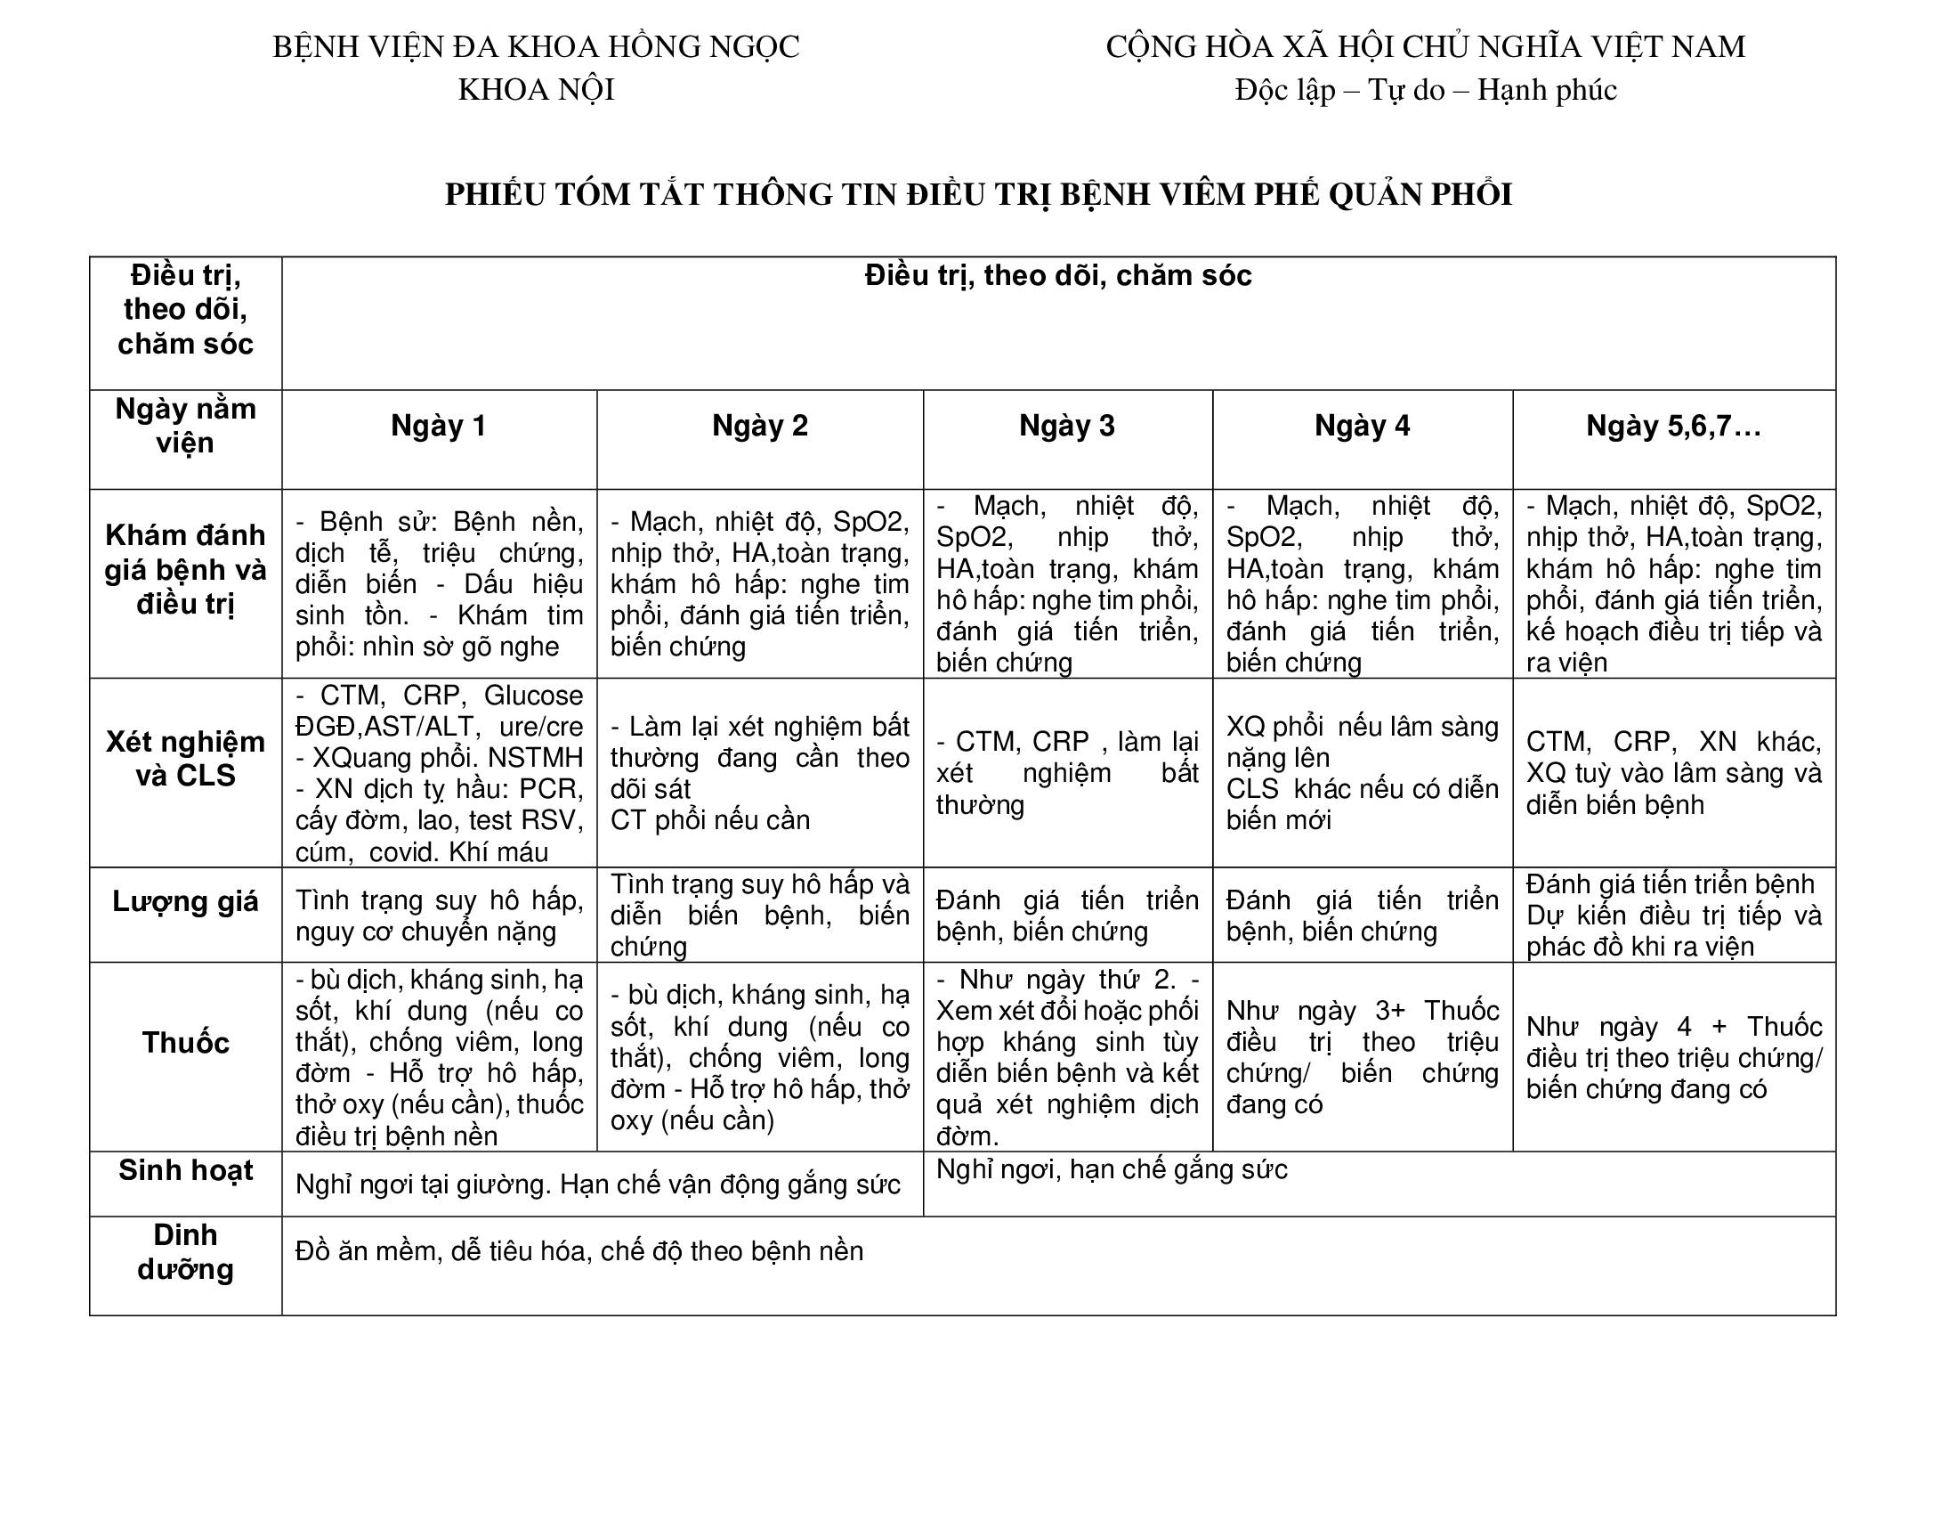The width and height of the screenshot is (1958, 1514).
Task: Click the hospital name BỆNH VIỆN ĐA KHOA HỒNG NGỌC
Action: click(x=535, y=47)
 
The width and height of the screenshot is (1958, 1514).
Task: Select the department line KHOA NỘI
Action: click(x=535, y=91)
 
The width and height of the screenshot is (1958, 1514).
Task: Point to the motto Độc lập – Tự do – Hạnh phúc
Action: click(x=1425, y=91)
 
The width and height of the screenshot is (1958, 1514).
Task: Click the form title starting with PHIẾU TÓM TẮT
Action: click(x=978, y=195)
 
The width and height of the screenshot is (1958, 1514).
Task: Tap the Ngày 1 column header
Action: click(x=439, y=426)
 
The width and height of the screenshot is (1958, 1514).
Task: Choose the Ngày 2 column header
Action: click(x=759, y=426)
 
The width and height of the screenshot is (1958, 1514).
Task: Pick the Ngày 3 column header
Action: click(x=1067, y=426)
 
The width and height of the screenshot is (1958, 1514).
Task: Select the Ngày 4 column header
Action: click(x=1362, y=426)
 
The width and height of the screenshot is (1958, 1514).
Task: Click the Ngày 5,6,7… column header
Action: click(x=1673, y=426)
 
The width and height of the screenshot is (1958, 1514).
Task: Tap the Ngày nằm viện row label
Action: click(x=186, y=426)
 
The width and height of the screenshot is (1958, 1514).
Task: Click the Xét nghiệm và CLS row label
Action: click(x=186, y=759)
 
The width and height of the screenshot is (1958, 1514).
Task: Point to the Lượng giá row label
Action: click(x=186, y=901)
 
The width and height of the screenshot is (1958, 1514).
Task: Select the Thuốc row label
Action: click(x=186, y=1043)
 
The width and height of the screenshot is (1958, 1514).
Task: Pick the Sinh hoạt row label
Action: click(x=186, y=1170)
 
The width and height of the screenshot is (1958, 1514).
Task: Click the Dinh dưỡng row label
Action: click(x=186, y=1252)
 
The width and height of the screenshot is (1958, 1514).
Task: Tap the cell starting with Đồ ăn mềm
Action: click(x=579, y=1251)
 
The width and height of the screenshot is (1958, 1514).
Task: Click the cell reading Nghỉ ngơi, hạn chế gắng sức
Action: click(x=1112, y=1169)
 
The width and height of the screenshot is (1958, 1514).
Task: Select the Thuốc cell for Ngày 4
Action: click(x=1362, y=1057)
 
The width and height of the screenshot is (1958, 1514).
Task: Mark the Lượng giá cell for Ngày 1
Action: click(x=439, y=916)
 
